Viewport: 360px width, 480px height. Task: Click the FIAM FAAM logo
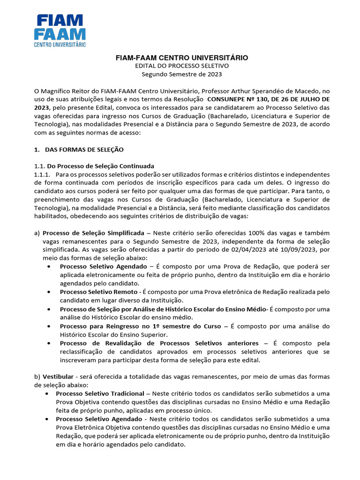tap(60, 30)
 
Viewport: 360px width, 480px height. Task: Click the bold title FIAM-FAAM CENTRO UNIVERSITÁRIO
tap(182, 58)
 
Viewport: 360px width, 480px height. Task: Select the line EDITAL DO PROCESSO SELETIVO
tap(182, 66)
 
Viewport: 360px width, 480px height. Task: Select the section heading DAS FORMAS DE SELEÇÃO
tap(84, 150)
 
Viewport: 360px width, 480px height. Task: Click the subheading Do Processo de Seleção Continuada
tap(101, 166)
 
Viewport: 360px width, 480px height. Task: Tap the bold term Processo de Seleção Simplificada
tap(93, 233)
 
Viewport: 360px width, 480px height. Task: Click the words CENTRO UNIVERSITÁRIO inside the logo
tap(60, 44)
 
